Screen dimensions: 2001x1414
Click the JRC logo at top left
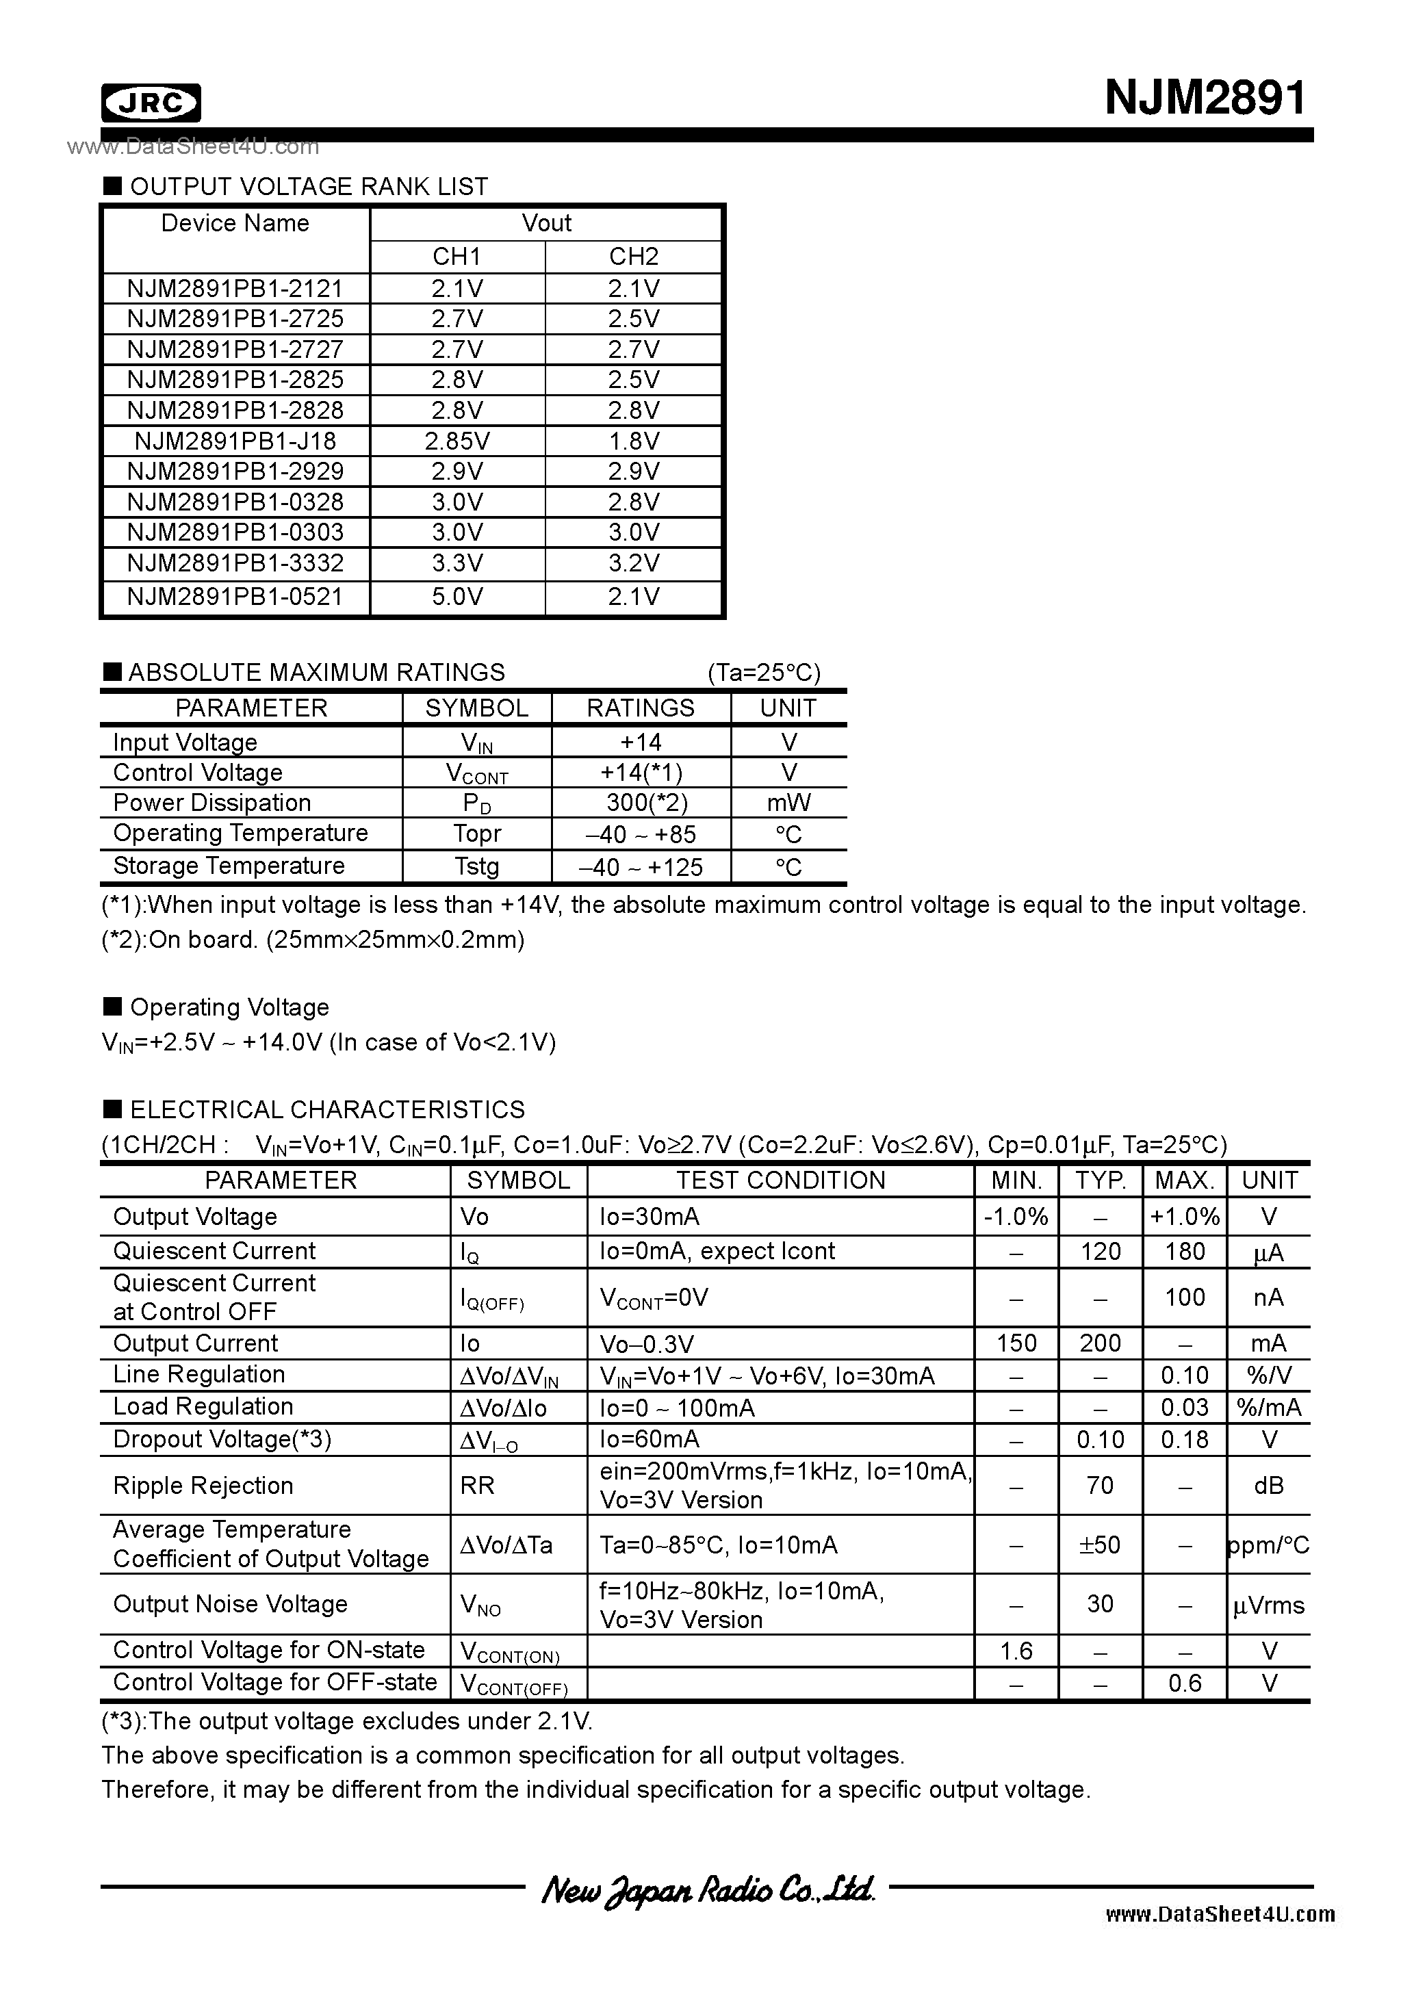tap(151, 103)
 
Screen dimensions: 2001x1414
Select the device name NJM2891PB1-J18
tap(235, 441)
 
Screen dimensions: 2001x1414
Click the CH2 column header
tap(633, 256)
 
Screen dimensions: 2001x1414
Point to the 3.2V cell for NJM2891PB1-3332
tap(633, 563)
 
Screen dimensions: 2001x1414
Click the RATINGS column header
tap(640, 708)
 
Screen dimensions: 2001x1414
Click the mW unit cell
tap(788, 803)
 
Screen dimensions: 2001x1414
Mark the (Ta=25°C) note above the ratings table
tap(764, 673)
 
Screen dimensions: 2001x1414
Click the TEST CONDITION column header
tap(780, 1180)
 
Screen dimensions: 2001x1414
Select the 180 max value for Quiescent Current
tap(1185, 1252)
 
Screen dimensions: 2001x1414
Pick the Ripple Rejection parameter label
tap(203, 1486)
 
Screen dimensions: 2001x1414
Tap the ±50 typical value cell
tap(1099, 1545)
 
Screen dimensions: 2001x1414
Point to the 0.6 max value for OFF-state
tap(1185, 1683)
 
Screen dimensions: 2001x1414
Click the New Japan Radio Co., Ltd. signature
tap(707, 1889)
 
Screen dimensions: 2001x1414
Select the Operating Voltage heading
tap(229, 1007)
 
